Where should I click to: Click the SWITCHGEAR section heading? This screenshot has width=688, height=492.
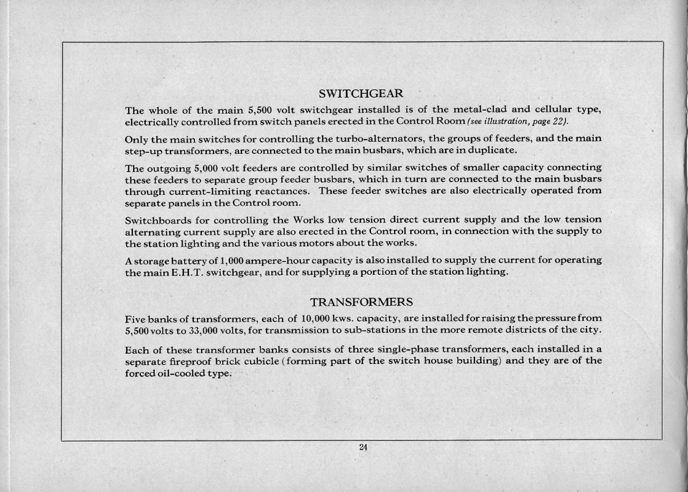tap(361, 94)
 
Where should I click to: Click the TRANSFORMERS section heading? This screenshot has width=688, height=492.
tap(361, 303)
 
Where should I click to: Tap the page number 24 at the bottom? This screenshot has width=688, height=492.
tap(362, 448)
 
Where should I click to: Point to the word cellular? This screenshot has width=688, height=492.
tap(550, 110)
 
